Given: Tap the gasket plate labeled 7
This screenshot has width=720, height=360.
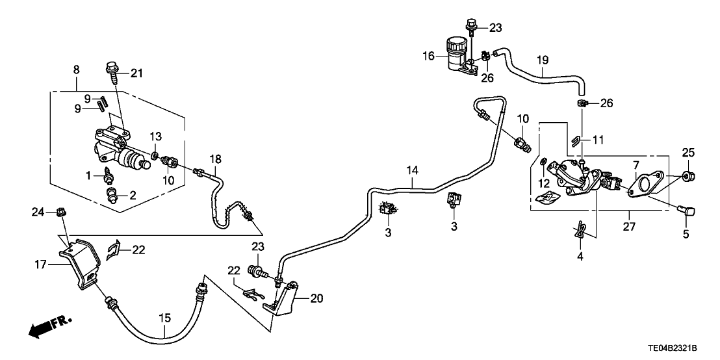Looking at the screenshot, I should (x=643, y=186).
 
